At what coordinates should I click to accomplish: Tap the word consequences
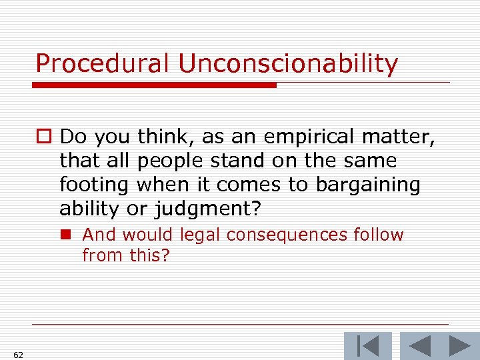click(286, 235)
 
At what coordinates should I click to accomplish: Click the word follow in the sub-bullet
click(380, 235)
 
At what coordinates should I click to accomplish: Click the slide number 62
click(18, 355)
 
